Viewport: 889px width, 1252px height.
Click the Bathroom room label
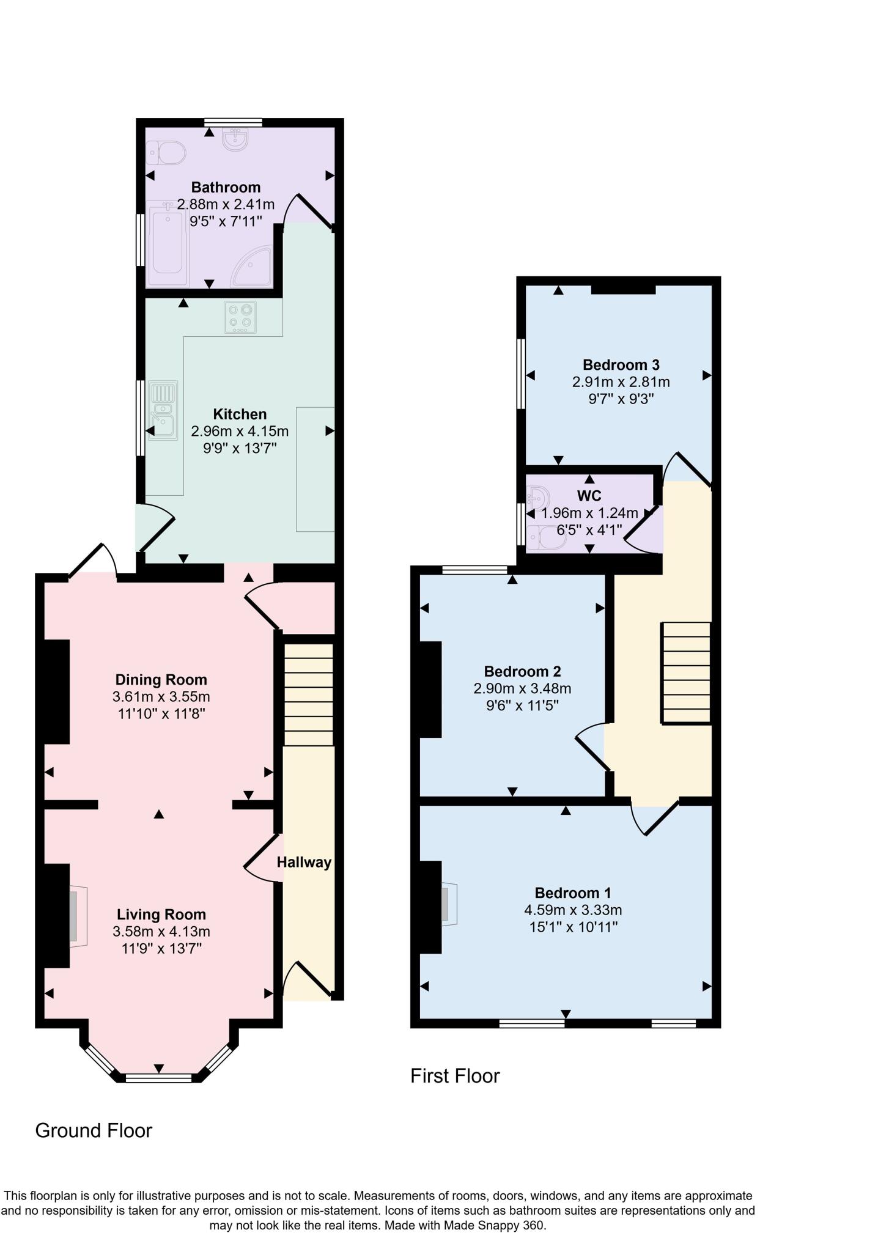[226, 187]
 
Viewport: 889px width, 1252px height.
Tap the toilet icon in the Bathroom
[166, 153]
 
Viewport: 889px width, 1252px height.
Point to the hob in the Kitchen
[240, 317]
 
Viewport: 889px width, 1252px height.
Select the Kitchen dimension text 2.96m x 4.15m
[240, 431]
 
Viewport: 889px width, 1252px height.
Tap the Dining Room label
[161, 679]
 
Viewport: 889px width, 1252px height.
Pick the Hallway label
[304, 862]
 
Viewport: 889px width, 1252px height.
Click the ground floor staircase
[309, 694]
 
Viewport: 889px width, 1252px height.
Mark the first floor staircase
[685, 673]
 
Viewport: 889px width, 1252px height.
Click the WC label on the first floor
[589, 495]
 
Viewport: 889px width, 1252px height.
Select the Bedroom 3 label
[621, 365]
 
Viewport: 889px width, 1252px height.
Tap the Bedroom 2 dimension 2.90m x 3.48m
[522, 688]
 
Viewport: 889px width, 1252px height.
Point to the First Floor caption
[455, 1076]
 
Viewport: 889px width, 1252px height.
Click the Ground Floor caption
[94, 1131]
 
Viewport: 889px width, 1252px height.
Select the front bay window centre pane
[158, 1078]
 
